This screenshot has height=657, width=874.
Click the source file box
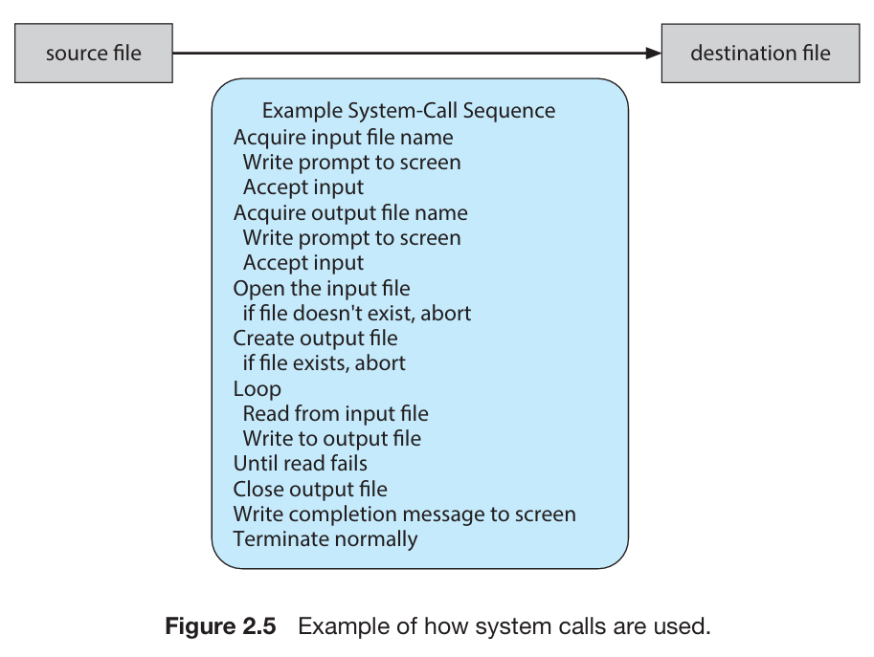tap(94, 54)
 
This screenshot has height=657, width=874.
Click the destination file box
tap(760, 54)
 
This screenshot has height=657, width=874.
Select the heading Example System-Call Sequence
tap(409, 111)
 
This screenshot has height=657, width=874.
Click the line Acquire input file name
tap(344, 138)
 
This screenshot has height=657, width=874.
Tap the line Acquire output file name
tap(350, 213)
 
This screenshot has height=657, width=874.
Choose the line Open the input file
tap(322, 289)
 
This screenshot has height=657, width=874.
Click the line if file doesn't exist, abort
tap(357, 314)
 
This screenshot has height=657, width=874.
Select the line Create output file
tap(316, 339)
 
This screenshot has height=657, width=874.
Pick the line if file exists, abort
tap(324, 363)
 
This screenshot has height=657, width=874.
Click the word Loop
tap(257, 389)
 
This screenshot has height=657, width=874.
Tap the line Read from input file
tap(336, 414)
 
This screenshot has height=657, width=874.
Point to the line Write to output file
tap(331, 439)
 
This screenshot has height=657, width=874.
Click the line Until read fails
tap(301, 463)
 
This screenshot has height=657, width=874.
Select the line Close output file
tap(310, 490)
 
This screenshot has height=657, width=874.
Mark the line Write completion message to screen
tap(405, 515)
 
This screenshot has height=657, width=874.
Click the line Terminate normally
tap(325, 539)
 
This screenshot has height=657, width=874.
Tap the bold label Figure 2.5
tap(221, 626)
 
